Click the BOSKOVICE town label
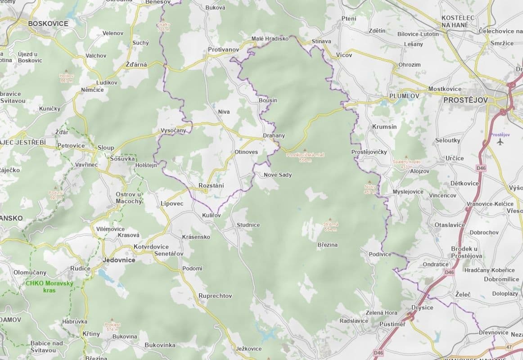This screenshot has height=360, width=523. [x=48, y=23]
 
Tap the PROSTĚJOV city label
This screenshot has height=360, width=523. [x=465, y=100]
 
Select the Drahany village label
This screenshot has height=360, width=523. [x=274, y=135]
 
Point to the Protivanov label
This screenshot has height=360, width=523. [x=223, y=49]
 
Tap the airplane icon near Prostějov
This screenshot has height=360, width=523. [x=500, y=142]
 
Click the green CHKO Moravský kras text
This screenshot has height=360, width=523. [x=50, y=287]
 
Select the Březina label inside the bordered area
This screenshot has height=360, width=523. [x=327, y=245]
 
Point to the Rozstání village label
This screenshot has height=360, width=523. [x=211, y=185]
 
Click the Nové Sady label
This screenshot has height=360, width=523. [x=278, y=175]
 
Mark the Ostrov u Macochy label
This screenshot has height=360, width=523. [x=129, y=198]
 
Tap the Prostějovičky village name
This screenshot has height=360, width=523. [x=369, y=152]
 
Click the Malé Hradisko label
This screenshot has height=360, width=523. [x=270, y=39]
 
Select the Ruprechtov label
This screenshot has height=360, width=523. [x=215, y=296]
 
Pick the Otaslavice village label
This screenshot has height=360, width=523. [x=450, y=225]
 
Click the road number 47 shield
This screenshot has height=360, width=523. [x=509, y=347]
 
